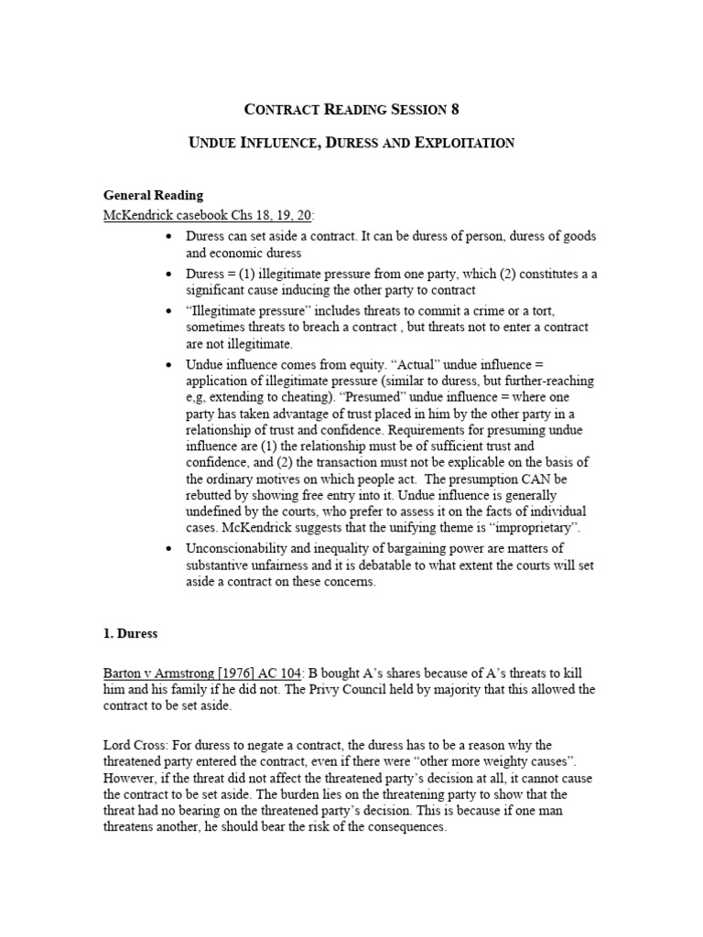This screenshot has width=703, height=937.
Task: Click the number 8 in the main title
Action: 452,110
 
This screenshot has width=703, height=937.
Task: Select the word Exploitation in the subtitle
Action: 465,143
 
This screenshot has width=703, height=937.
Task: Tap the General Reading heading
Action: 153,196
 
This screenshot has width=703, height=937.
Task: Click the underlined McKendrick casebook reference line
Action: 209,215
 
